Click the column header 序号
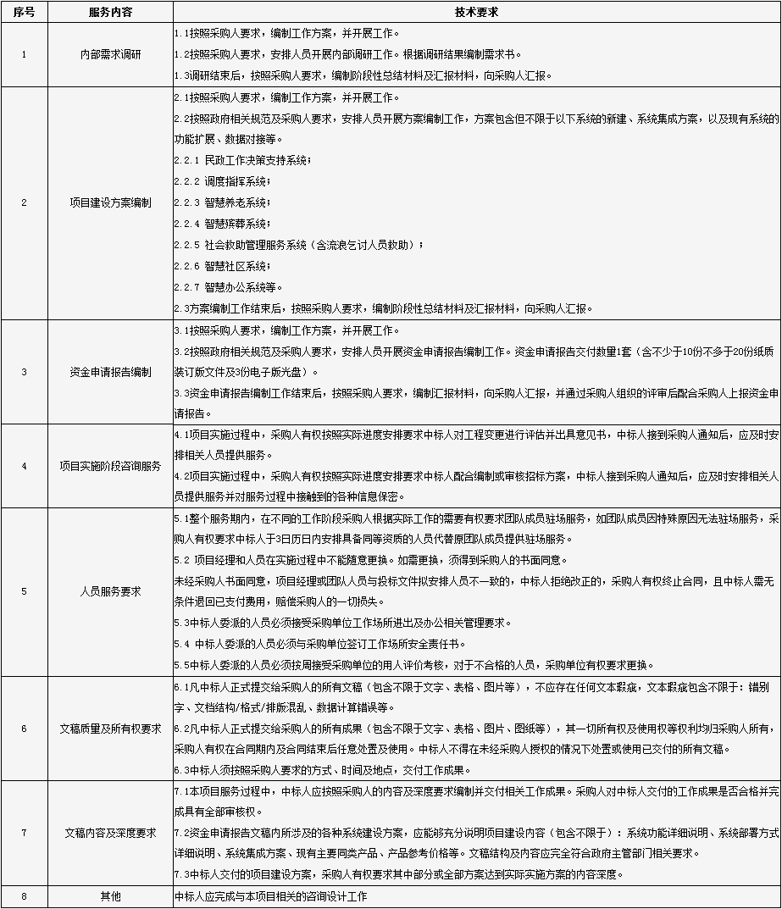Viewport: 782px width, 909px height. click(x=24, y=13)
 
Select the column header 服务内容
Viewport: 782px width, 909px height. click(x=110, y=13)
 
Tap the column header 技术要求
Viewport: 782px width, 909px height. click(x=477, y=13)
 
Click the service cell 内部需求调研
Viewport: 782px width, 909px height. click(x=110, y=54)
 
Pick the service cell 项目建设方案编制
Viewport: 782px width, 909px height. click(x=110, y=202)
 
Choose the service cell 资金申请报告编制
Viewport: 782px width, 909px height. click(x=110, y=372)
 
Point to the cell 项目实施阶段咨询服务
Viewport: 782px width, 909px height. click(x=110, y=466)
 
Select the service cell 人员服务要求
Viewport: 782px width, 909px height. click(x=110, y=591)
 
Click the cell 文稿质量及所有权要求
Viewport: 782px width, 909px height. click(x=110, y=728)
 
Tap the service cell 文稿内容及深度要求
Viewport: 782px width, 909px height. click(x=110, y=833)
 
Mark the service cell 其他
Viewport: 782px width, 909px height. click(x=110, y=896)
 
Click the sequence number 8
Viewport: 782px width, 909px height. click(x=24, y=896)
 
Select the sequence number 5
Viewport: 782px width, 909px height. click(x=24, y=591)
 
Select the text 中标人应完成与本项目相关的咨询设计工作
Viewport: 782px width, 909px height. click(x=271, y=896)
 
